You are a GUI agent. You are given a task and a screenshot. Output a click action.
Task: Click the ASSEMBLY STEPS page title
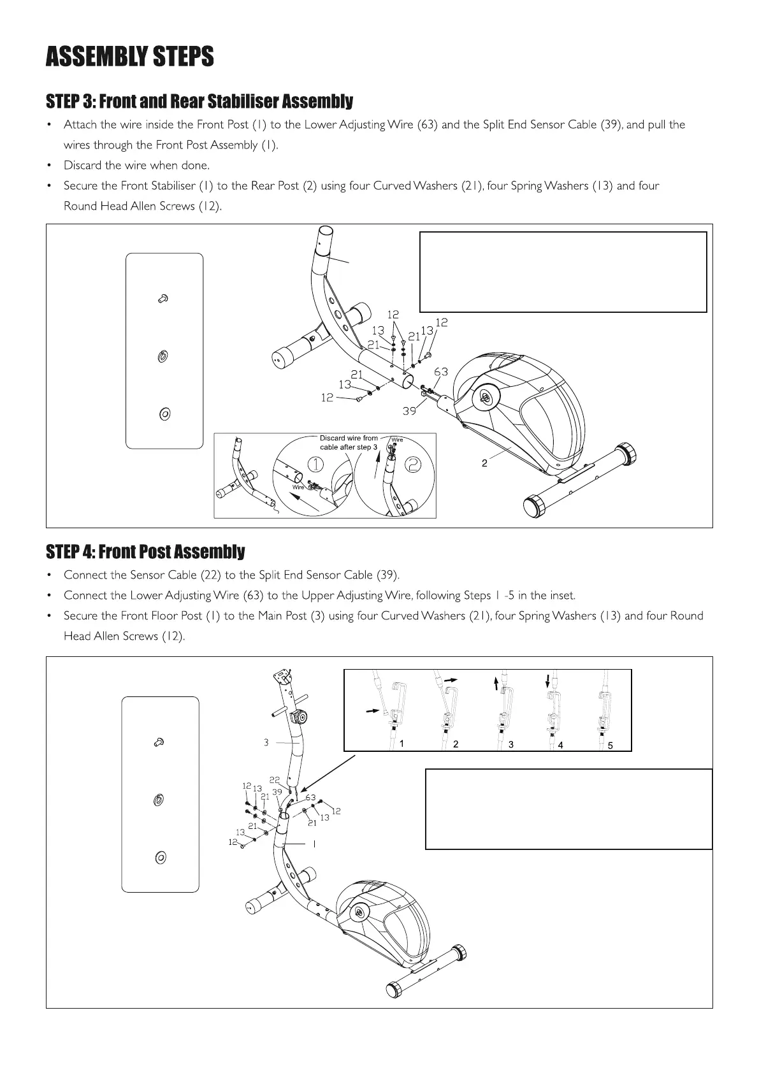(x=129, y=57)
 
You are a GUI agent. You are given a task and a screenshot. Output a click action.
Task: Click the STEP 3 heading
(x=199, y=101)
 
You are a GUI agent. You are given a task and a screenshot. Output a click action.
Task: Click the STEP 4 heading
(x=145, y=551)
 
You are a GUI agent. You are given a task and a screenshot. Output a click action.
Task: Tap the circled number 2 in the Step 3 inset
(x=413, y=465)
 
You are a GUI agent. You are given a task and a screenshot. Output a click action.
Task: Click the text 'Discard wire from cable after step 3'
(x=349, y=443)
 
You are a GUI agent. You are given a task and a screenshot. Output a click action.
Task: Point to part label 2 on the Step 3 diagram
(x=484, y=463)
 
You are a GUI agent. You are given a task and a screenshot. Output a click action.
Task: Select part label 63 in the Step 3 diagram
(x=441, y=371)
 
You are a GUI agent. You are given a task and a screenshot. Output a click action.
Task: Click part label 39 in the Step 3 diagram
(x=409, y=411)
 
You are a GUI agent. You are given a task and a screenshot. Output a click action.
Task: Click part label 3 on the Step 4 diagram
(x=266, y=742)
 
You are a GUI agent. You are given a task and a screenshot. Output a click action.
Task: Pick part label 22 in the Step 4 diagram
(x=275, y=779)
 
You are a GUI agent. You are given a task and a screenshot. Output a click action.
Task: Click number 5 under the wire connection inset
(x=610, y=745)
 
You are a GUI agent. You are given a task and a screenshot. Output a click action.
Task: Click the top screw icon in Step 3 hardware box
(x=163, y=298)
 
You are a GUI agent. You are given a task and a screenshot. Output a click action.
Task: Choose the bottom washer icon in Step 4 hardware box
(x=160, y=858)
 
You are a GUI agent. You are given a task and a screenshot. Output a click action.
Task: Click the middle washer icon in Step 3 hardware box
(x=162, y=356)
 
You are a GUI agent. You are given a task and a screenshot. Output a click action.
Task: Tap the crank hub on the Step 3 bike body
(x=485, y=397)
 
